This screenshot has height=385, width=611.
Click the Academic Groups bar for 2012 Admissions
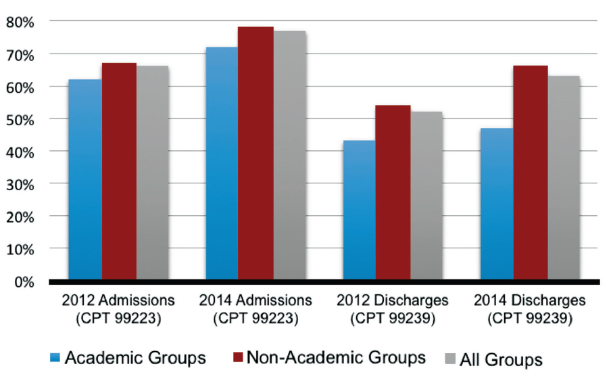tap(86, 179)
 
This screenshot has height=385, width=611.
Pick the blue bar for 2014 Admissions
tap(222, 163)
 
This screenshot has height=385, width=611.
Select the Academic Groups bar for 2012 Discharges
tap(360, 210)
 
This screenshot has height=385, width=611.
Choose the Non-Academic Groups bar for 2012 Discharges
tap(393, 192)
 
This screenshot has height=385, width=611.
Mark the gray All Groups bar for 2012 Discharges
tap(426, 196)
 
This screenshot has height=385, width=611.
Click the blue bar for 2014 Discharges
tap(497, 204)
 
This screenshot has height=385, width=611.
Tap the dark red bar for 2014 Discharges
tap(531, 173)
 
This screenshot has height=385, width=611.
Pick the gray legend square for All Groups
tap(450, 358)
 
